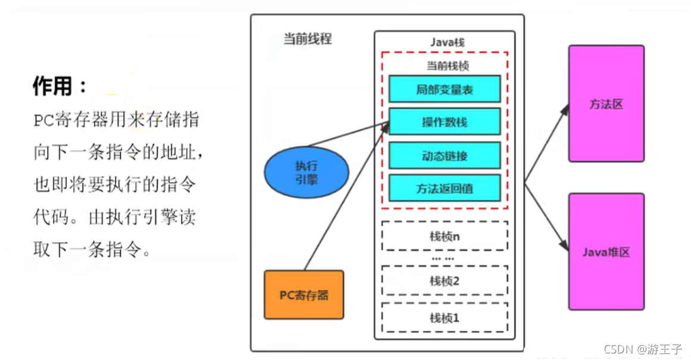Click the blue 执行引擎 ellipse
(x=306, y=172)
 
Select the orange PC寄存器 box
(x=304, y=295)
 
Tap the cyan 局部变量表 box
(x=445, y=89)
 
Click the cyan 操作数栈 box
(x=445, y=122)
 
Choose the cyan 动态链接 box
(x=445, y=155)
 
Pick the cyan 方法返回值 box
(x=445, y=187)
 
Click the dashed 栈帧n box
(x=445, y=236)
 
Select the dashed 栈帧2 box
(x=445, y=281)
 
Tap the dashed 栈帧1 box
(x=445, y=318)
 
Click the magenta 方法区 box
(x=606, y=104)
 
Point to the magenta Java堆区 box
(x=606, y=252)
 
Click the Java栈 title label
(x=447, y=43)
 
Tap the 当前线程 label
(x=307, y=40)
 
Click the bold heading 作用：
(x=60, y=87)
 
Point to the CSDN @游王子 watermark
(x=643, y=349)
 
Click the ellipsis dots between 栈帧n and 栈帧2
(x=442, y=259)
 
